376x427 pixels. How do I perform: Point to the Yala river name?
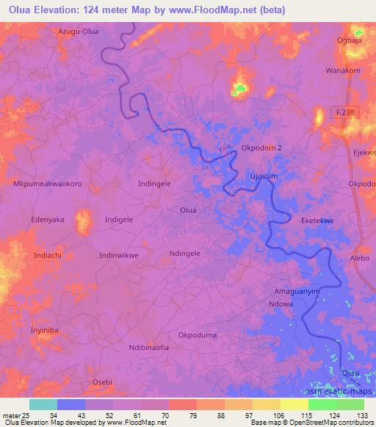point(224,150)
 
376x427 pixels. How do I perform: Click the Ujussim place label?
point(263,177)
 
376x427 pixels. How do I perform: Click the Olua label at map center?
point(188,211)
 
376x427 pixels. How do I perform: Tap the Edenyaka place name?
point(48,219)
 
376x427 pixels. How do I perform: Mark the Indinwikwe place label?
point(118,255)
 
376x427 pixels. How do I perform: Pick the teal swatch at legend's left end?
point(43,404)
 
